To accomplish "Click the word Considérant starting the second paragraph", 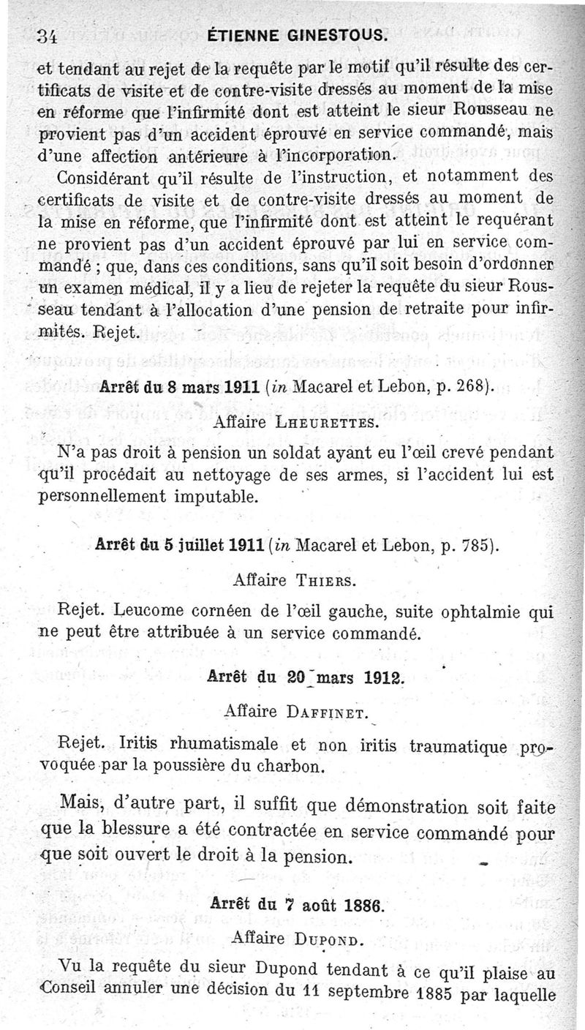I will point(105,177).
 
